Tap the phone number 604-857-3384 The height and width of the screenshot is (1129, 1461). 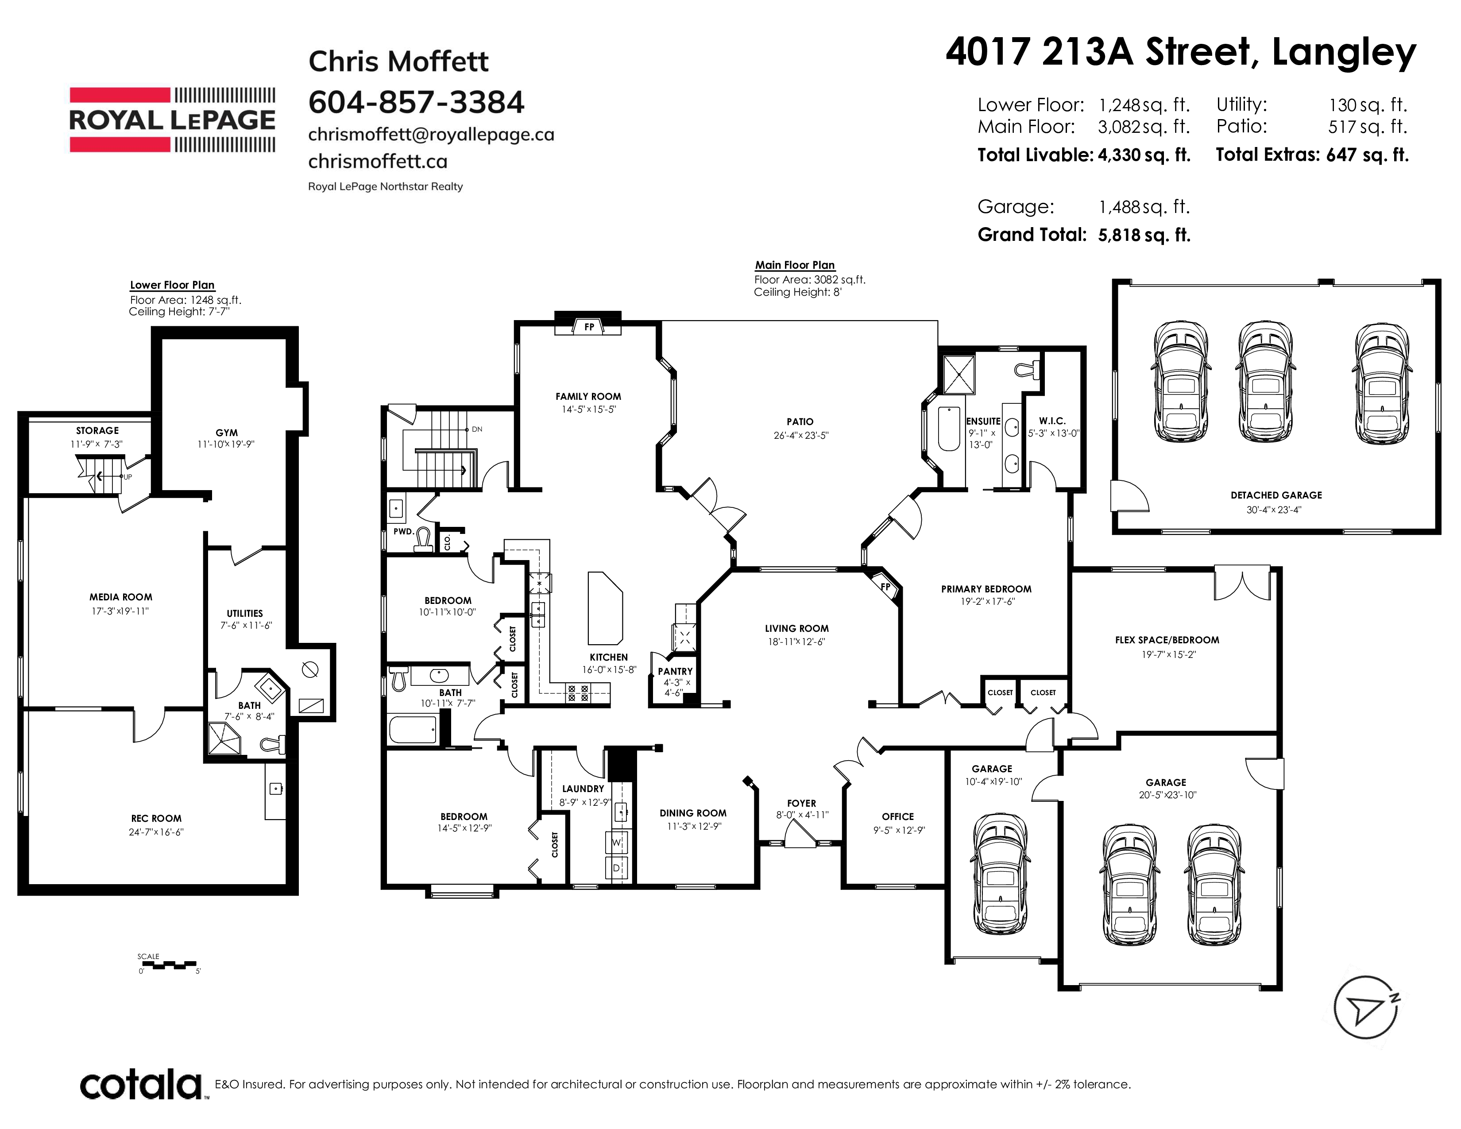(416, 102)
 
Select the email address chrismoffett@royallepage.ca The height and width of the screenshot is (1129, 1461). (431, 135)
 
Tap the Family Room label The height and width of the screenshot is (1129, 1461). (588, 397)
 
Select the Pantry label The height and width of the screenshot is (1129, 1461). (675, 672)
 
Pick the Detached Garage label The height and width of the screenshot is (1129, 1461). (1275, 495)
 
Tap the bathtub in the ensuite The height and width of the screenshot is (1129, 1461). (949, 428)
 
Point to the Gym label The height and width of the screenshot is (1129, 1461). (227, 433)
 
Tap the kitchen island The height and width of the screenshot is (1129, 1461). (605, 608)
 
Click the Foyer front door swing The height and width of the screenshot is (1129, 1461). (800, 833)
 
